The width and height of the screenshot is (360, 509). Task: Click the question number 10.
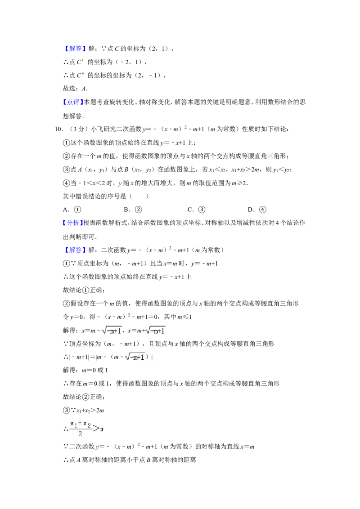point(58,129)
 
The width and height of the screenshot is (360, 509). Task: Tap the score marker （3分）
point(77,129)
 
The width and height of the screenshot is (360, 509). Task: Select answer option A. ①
point(72,210)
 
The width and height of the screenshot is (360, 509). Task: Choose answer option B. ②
point(133,210)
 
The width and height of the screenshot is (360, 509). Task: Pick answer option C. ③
point(196,210)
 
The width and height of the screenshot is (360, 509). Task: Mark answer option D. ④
point(257,210)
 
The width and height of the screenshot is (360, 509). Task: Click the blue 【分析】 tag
point(73,223)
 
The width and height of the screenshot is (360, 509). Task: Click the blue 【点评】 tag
point(73,102)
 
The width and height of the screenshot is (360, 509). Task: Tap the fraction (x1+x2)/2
point(80,429)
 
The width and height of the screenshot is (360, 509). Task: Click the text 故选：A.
point(76,88)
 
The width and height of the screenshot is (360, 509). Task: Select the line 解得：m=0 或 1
point(85,370)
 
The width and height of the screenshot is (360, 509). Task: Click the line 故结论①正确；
point(84,290)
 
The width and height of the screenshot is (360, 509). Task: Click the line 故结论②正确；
point(84,397)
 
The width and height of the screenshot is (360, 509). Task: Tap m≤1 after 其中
point(184,317)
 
